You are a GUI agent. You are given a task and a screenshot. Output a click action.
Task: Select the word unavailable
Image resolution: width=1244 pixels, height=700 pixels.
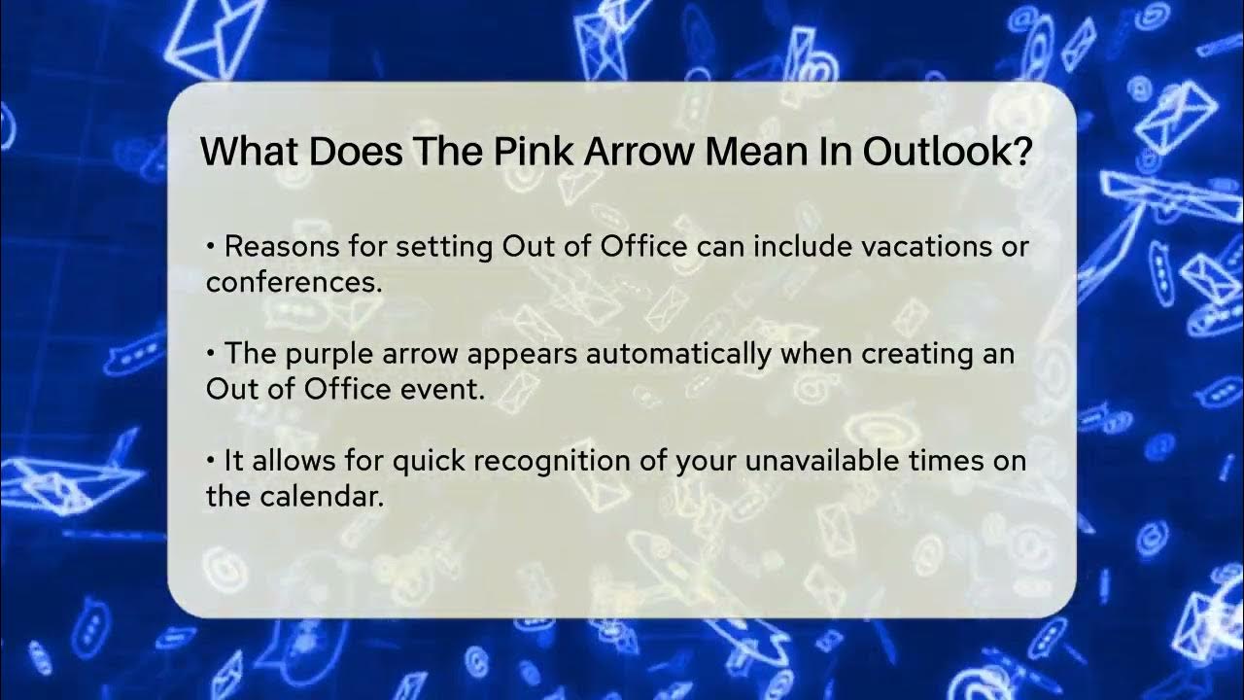[820, 461]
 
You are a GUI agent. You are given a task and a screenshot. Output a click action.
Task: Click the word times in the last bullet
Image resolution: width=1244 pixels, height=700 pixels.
[943, 461]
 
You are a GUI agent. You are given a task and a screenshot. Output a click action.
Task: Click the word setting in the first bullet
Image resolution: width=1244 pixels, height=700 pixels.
[444, 247]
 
